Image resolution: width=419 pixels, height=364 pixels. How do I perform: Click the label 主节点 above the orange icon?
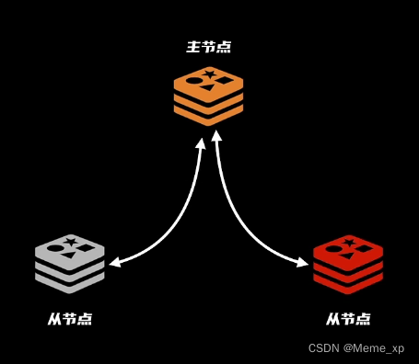[208, 46]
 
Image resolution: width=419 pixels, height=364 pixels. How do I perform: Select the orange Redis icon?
[208, 95]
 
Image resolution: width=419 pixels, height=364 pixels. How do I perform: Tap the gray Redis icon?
[69, 263]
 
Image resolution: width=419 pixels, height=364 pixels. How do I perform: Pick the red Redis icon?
[347, 263]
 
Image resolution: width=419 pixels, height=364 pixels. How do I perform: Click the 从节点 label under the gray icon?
[70, 319]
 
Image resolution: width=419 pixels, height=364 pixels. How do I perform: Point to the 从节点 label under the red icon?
[348, 319]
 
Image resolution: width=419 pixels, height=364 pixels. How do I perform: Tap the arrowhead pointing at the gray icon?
[114, 264]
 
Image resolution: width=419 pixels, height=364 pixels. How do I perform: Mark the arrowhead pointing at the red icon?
[303, 264]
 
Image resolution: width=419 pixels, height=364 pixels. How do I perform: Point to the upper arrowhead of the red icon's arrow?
[217, 136]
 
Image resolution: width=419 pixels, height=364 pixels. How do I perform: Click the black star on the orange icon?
[210, 74]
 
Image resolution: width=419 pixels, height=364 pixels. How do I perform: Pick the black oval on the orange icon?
[194, 81]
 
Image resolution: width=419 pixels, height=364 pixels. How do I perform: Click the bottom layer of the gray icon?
[69, 281]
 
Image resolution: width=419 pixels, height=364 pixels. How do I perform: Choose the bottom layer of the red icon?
[347, 281]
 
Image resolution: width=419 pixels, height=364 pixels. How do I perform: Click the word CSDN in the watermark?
[323, 348]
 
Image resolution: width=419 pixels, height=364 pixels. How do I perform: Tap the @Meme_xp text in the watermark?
[374, 348]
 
